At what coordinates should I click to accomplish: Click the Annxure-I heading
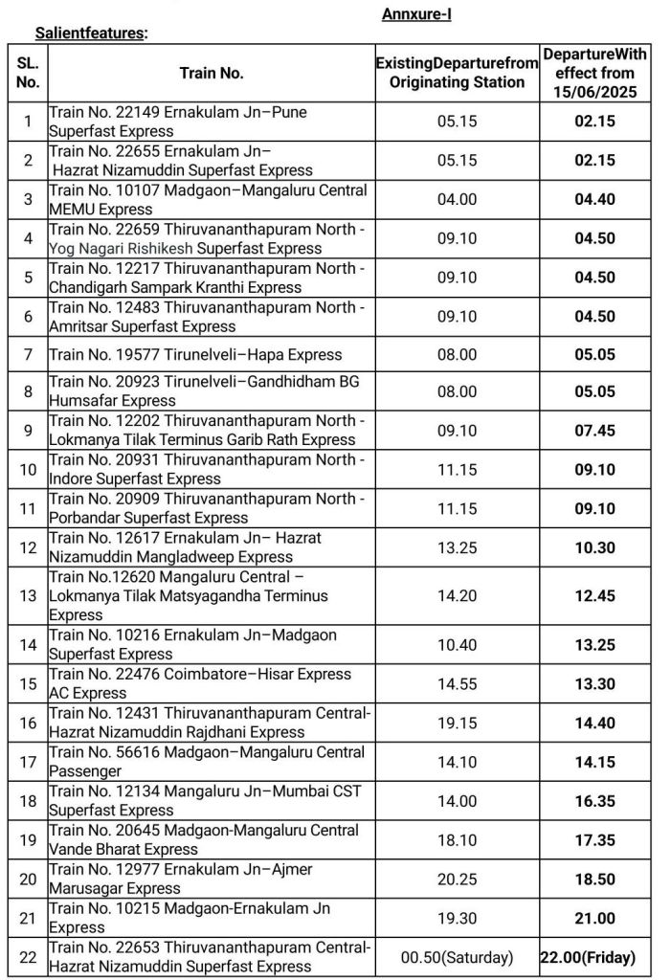pyautogui.click(x=416, y=13)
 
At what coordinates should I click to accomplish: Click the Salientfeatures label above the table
pyautogui.click(x=91, y=33)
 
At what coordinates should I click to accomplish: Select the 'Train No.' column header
pyautogui.click(x=212, y=73)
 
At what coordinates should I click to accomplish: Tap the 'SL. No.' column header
pyautogui.click(x=28, y=73)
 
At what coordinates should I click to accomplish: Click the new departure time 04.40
pyautogui.click(x=594, y=199)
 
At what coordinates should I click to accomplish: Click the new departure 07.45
pyautogui.click(x=594, y=431)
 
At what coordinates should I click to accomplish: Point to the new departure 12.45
pyautogui.click(x=594, y=596)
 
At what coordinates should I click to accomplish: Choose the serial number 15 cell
pyautogui.click(x=28, y=683)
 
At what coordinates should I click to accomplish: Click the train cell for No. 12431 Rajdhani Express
pyautogui.click(x=209, y=723)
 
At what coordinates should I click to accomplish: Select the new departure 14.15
pyautogui.click(x=594, y=762)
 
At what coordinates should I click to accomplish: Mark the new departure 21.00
pyautogui.click(x=594, y=918)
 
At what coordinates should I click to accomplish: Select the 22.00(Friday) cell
pyautogui.click(x=594, y=956)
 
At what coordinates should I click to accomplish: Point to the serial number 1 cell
pyautogui.click(x=28, y=122)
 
